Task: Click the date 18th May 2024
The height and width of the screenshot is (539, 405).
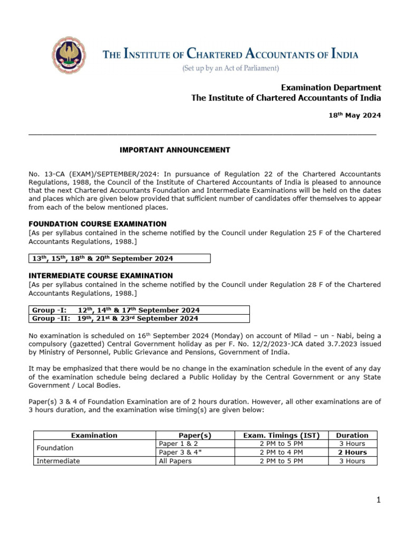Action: tap(352, 115)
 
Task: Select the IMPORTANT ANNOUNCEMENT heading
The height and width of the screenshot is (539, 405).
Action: tap(175, 150)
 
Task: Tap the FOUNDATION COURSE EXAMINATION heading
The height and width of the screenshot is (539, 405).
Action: tap(98, 224)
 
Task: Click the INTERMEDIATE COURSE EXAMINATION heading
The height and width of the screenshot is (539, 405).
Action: tap(100, 275)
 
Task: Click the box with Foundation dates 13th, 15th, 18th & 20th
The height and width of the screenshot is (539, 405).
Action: tap(119, 258)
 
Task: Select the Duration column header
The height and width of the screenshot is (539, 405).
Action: tap(352, 435)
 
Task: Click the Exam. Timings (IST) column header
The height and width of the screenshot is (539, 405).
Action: tap(281, 435)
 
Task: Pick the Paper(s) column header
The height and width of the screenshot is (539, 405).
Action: tap(195, 435)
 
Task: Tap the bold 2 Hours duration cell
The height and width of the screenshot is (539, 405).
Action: tap(352, 452)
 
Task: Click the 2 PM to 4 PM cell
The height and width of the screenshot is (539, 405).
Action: tap(281, 452)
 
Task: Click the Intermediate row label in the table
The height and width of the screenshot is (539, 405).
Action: tap(58, 461)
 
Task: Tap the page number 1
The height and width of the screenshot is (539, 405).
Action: tap(378, 500)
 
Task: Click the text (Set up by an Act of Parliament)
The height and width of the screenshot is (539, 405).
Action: tap(230, 68)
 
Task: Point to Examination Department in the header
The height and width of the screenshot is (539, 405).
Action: tap(331, 87)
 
